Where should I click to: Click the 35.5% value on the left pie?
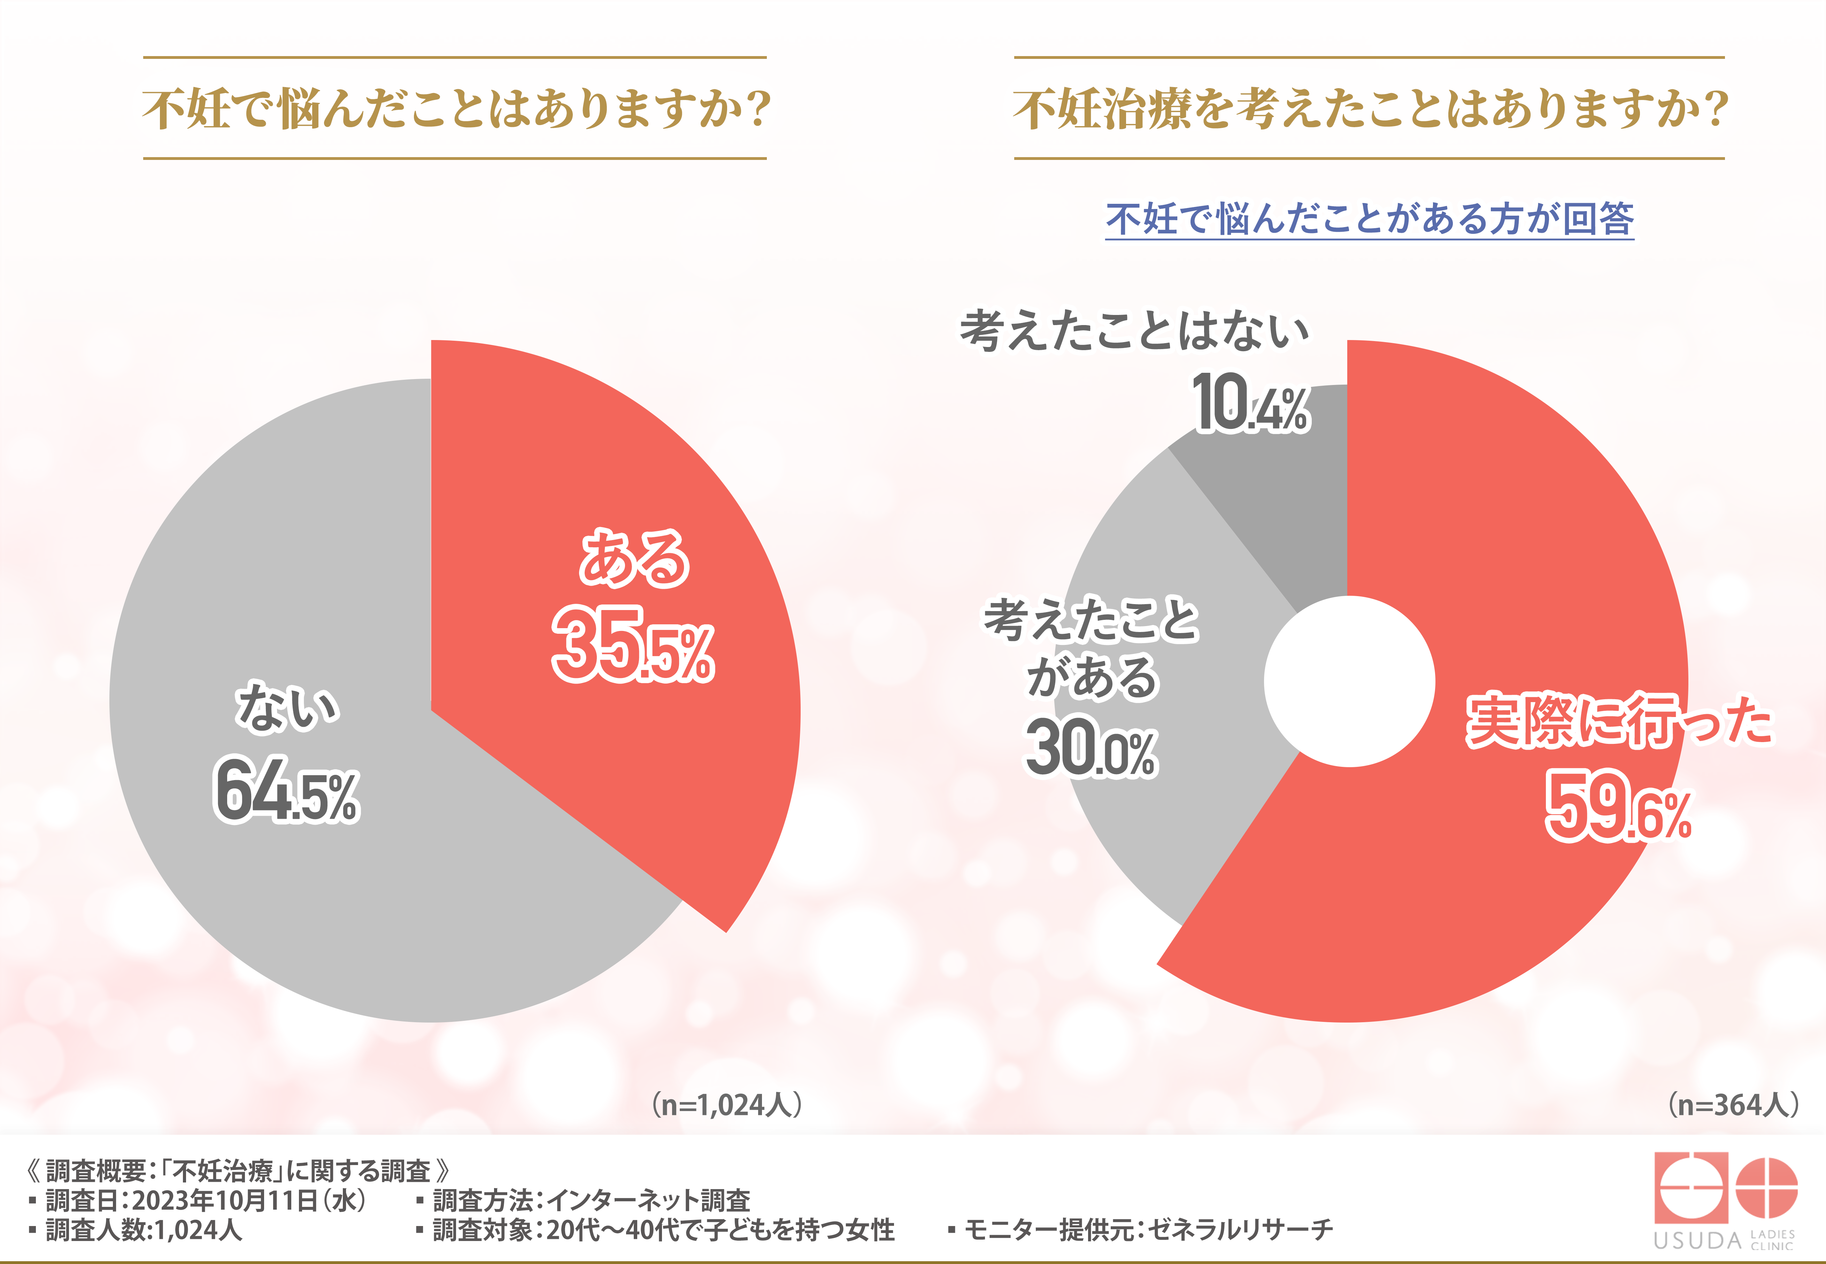tap(633, 643)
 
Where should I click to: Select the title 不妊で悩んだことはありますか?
tap(455, 108)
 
